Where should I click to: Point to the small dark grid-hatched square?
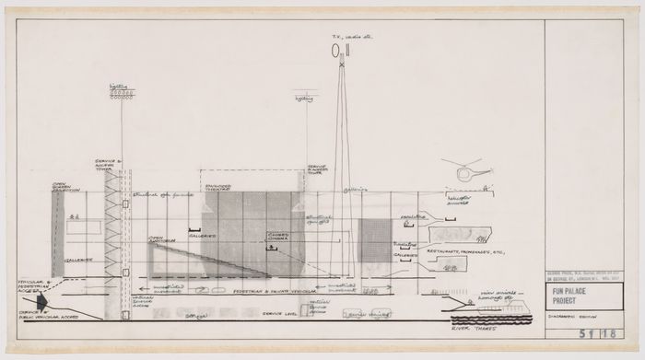coord(374,242)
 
